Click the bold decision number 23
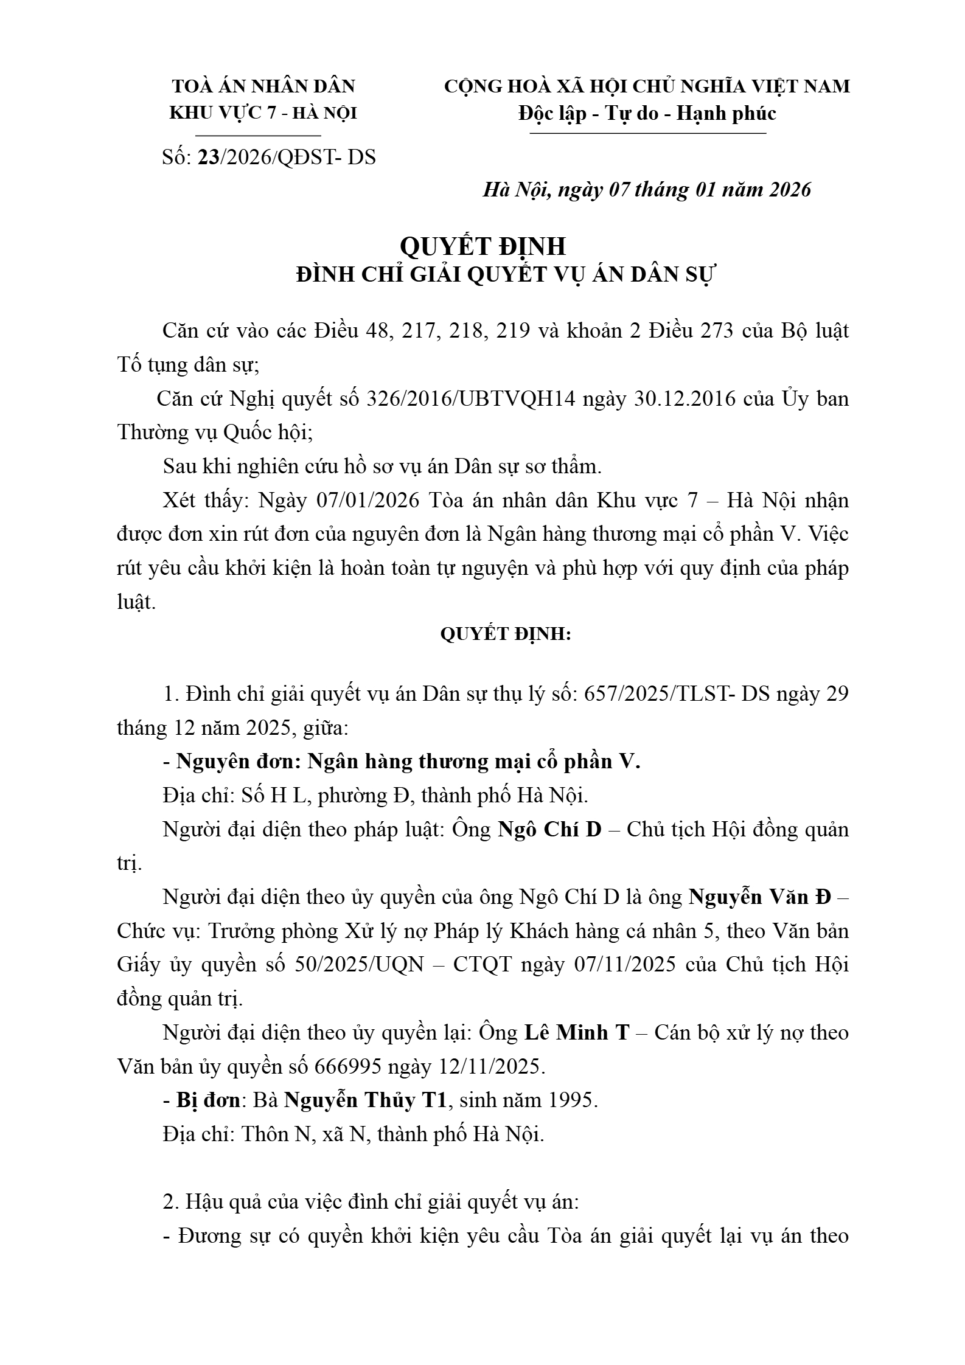coord(208,158)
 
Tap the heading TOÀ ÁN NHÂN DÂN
coord(263,86)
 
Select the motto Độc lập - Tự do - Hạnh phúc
coord(647,114)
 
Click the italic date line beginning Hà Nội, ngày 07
coord(647,190)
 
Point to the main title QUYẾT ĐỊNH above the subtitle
coord(482,246)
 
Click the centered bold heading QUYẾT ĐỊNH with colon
coord(506,634)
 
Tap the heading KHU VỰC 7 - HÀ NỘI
coord(263,114)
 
